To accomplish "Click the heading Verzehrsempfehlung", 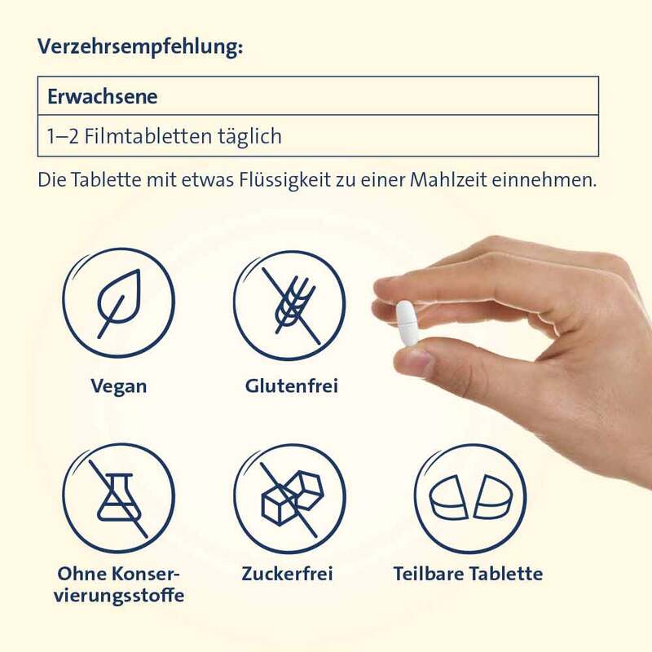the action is tap(140, 47).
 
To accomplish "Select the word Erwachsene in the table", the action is tap(103, 96).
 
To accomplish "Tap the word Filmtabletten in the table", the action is tap(148, 136).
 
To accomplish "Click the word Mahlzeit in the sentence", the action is tap(448, 180).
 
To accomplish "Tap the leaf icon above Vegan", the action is tap(119, 302).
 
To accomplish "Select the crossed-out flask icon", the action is tap(119, 497).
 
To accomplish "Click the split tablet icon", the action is tap(470, 499).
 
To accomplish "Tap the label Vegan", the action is tap(119, 386).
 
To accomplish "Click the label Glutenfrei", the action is tap(292, 385).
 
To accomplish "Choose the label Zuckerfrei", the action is tap(288, 574).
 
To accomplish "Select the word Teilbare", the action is tap(429, 574).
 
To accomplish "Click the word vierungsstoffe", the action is tap(119, 596).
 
